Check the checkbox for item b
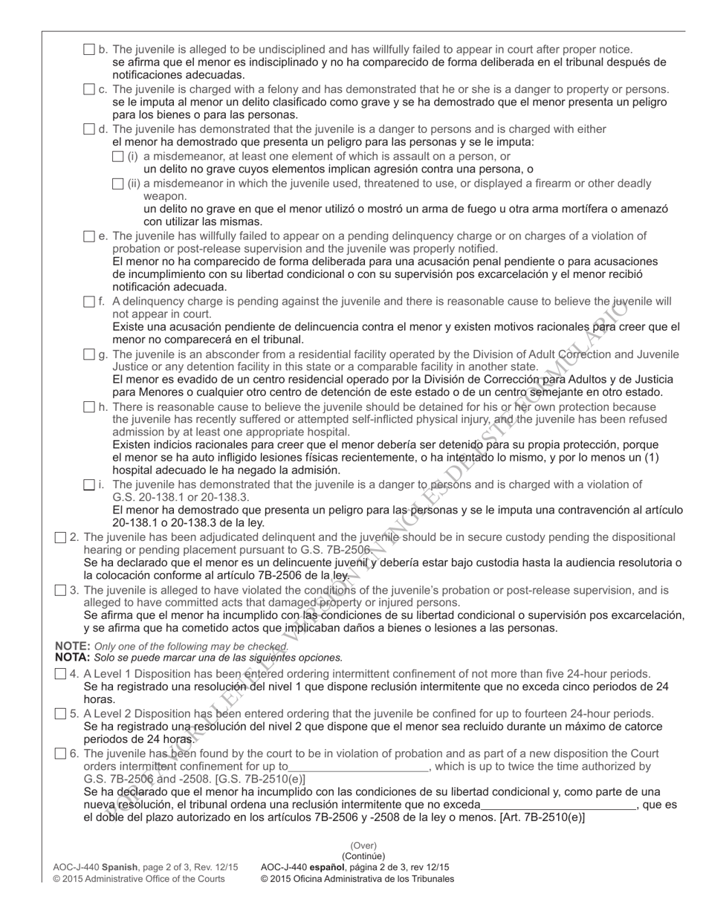[89, 50]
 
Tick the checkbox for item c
[89, 90]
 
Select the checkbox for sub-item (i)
[117, 157]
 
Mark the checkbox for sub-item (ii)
[117, 184]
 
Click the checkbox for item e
[89, 236]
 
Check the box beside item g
[89, 354]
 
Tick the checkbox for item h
[89, 407]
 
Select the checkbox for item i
[89, 485]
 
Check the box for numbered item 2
[61, 537]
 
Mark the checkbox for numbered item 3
[61, 591]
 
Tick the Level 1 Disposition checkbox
[61, 674]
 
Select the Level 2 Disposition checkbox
[61, 714]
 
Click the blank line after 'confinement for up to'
[359, 767]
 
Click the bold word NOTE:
[73, 646]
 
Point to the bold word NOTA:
[73, 658]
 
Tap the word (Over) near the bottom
[363, 846]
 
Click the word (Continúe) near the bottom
[363, 856]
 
